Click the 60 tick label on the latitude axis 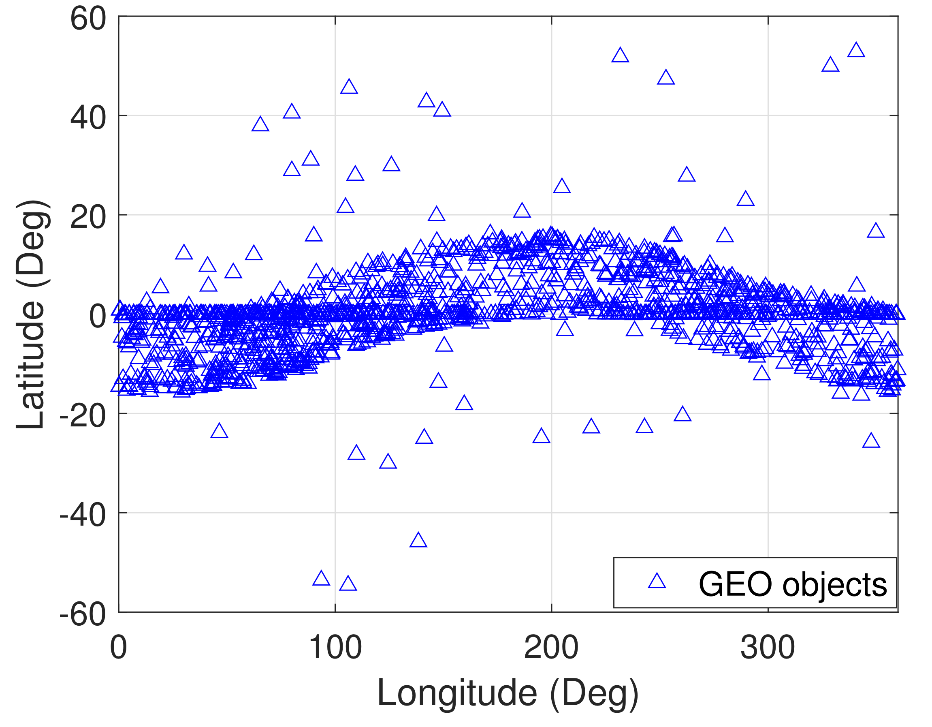click(x=88, y=19)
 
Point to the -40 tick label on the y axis click(x=83, y=516)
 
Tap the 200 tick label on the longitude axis click(x=551, y=648)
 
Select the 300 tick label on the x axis click(x=768, y=648)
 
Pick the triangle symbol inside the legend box click(x=657, y=582)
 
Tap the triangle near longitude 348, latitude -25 click(x=871, y=441)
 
